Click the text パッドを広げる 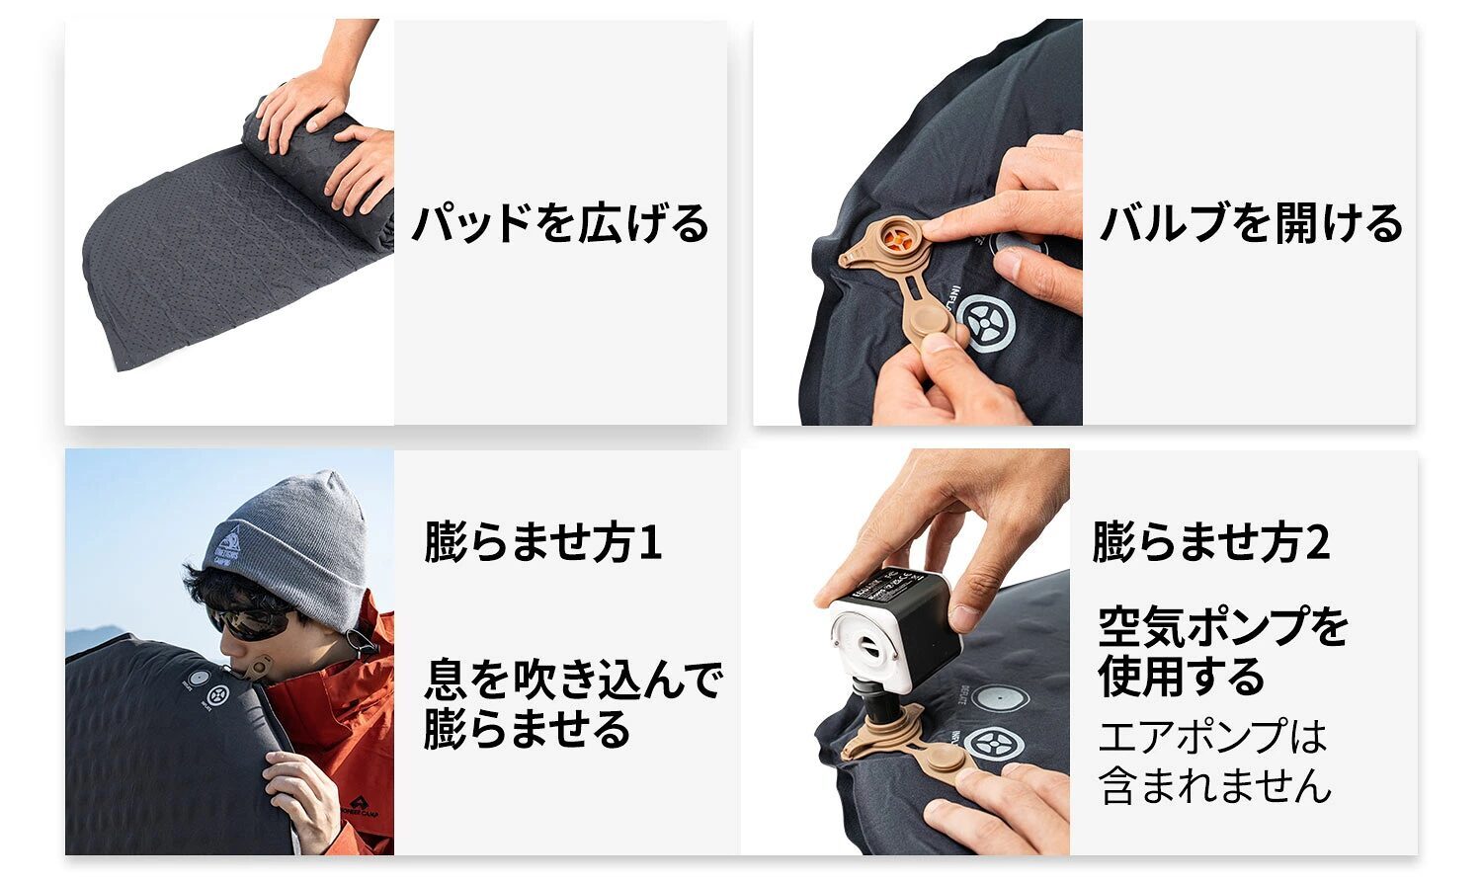(560, 223)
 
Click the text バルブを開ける (1251, 223)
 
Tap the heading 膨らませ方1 (542, 542)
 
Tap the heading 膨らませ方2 (1210, 542)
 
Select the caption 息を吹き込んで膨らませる (573, 703)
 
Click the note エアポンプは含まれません (1214, 762)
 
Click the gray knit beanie (291, 542)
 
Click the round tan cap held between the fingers (929, 326)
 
